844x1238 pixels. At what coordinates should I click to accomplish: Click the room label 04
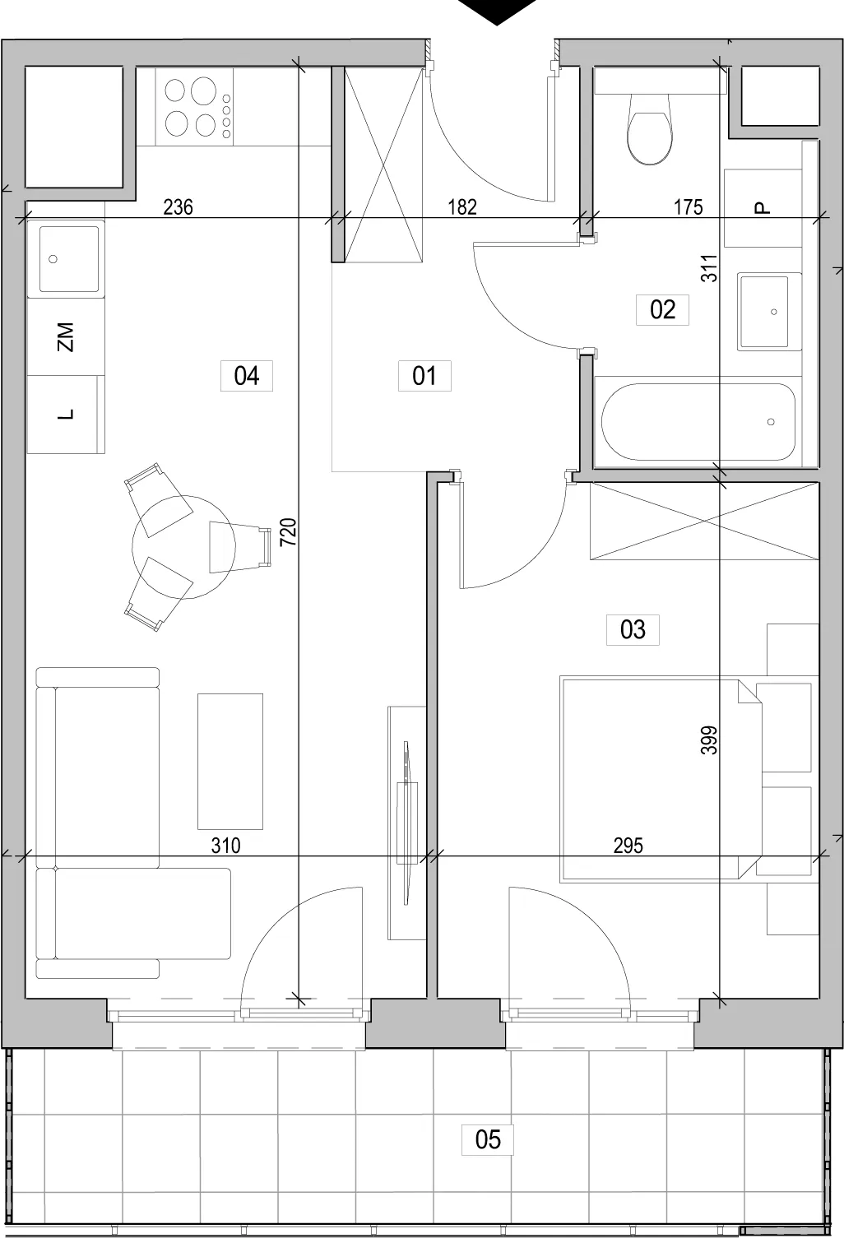(x=247, y=376)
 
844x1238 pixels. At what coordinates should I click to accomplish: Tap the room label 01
(x=424, y=376)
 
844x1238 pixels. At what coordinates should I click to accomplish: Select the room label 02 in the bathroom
(x=662, y=309)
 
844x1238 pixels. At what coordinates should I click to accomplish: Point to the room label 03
(x=633, y=629)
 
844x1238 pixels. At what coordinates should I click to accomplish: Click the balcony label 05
(x=488, y=1139)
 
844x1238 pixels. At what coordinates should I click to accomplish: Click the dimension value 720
(x=289, y=532)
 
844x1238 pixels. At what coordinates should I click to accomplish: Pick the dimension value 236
(x=178, y=207)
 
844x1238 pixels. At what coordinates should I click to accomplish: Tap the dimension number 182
(x=462, y=207)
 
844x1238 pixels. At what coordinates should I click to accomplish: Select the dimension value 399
(x=709, y=740)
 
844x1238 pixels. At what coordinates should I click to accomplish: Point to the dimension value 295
(x=628, y=846)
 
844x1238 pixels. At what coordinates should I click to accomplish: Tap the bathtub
(x=698, y=422)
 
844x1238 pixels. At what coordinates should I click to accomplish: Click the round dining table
(x=183, y=547)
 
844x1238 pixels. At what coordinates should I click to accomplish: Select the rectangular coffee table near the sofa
(x=230, y=762)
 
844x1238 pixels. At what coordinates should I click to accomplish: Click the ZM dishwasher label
(x=65, y=337)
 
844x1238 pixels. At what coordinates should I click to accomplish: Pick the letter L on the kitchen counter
(x=65, y=414)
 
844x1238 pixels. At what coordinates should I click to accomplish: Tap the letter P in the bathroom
(x=762, y=208)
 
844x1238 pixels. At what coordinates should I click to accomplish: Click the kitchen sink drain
(x=53, y=258)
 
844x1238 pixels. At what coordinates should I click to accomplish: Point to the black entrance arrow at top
(x=497, y=11)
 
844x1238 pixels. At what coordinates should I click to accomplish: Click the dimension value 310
(x=225, y=846)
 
